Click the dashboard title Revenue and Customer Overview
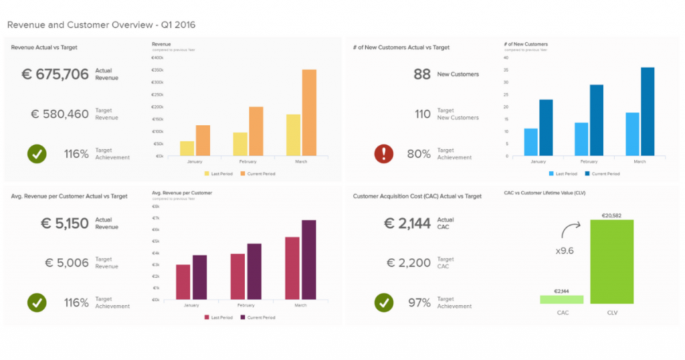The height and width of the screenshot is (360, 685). click(101, 25)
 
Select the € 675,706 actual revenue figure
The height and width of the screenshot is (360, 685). click(55, 74)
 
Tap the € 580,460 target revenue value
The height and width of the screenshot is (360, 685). click(60, 114)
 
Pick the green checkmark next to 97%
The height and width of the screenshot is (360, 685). click(383, 302)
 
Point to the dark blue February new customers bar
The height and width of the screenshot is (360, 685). click(596, 120)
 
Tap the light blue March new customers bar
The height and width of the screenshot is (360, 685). click(632, 134)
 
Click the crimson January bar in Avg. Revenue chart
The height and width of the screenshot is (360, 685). click(183, 282)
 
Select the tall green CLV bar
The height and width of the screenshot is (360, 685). click(611, 261)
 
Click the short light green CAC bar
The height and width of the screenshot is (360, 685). click(561, 299)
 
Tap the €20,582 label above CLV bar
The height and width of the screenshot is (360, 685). click(611, 215)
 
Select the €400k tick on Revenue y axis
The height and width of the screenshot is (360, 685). click(158, 58)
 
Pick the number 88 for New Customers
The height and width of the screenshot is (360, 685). click(421, 74)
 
